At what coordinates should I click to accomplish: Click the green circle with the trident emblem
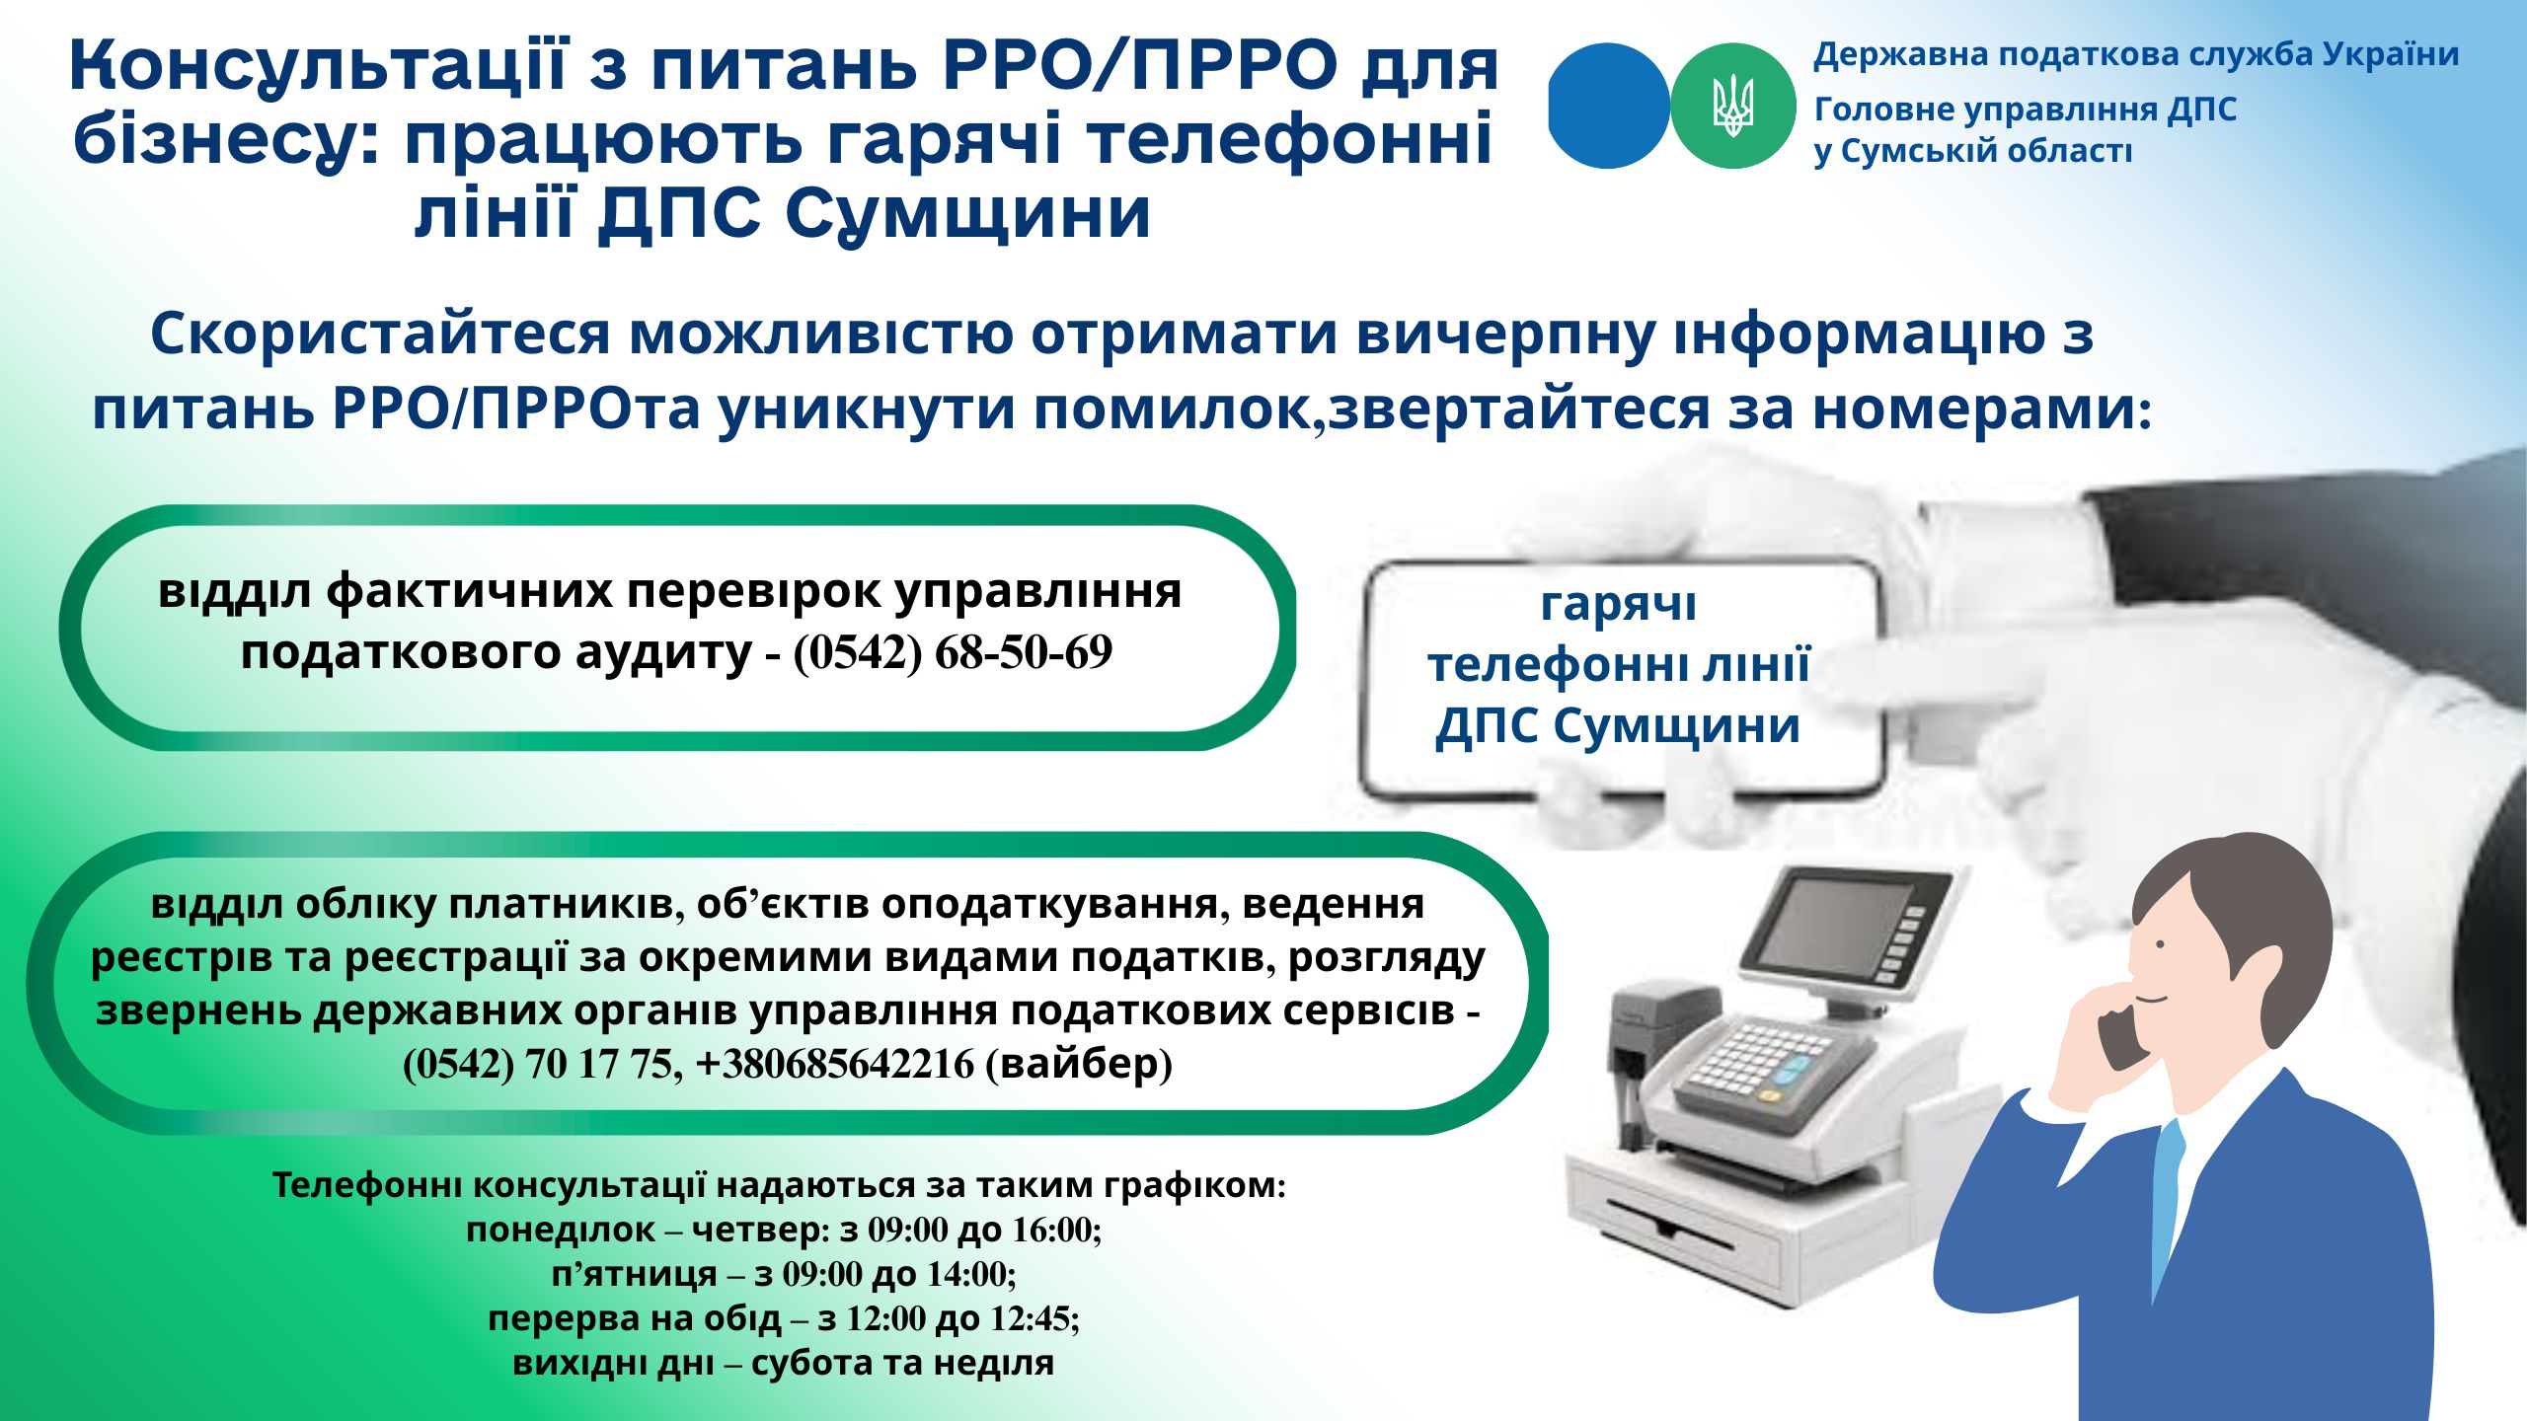point(1733,106)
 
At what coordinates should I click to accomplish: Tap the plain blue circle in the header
point(1609,106)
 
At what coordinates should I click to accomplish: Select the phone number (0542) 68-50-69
point(953,652)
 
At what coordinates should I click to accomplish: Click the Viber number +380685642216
point(835,1064)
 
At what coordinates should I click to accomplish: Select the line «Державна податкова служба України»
point(2136,54)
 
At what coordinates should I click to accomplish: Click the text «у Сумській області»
point(1973,151)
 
